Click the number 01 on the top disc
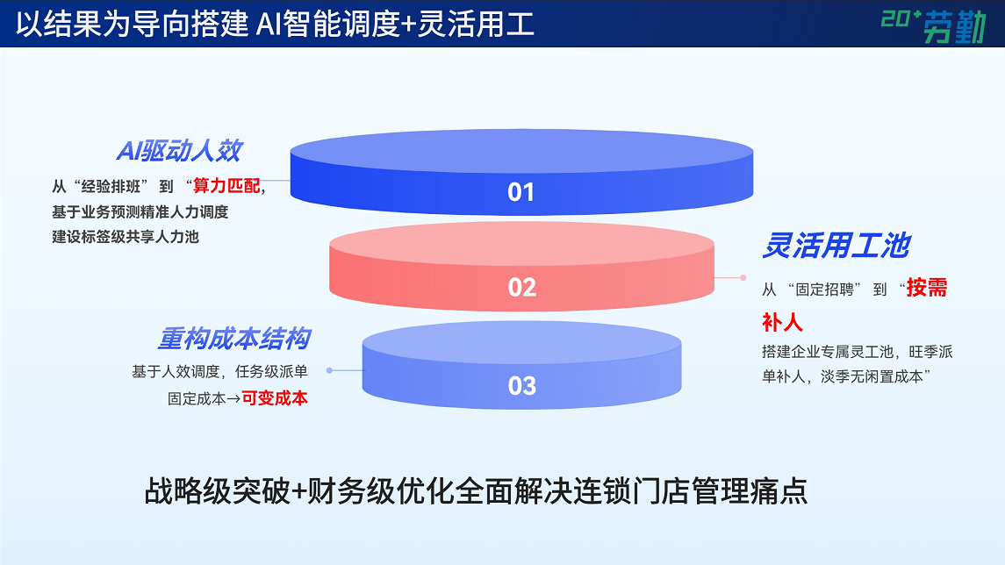[x=520, y=192]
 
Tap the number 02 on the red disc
[x=521, y=288]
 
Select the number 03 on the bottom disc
[x=521, y=386]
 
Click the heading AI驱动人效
[x=179, y=151]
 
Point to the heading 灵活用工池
[x=836, y=246]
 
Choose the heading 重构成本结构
[x=234, y=339]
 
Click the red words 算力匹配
[x=226, y=186]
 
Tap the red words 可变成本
[x=275, y=398]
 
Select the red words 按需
[x=927, y=288]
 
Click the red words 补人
[x=782, y=322]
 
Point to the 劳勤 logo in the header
[x=933, y=25]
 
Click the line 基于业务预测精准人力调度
[x=140, y=212]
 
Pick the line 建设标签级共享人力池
[x=126, y=237]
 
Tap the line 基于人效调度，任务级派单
[x=219, y=371]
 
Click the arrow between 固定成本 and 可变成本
[x=233, y=399]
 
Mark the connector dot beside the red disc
[x=743, y=278]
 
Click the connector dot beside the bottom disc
[x=329, y=370]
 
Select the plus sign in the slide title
[x=408, y=25]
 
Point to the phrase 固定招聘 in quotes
[x=825, y=290]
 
